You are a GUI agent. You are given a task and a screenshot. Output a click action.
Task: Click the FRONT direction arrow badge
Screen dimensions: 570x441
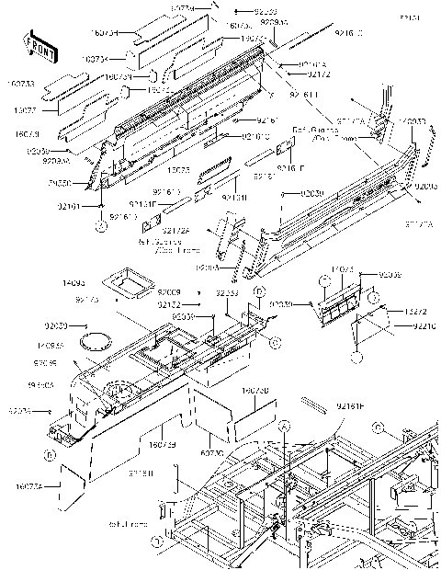[x=34, y=43]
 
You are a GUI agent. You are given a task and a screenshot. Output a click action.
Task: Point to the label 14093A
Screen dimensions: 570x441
[x=51, y=347]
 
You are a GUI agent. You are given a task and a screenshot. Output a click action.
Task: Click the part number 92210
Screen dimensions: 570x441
[x=424, y=326]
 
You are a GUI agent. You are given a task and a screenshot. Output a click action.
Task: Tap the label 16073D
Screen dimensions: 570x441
[x=254, y=391]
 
